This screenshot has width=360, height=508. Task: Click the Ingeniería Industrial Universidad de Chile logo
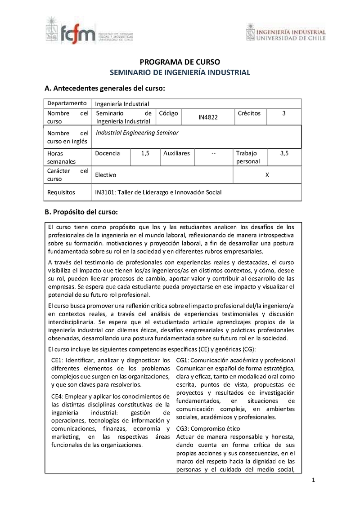(x=286, y=35)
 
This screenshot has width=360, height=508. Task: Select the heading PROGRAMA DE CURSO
(x=180, y=62)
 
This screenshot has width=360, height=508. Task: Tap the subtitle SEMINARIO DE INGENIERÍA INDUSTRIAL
(x=180, y=72)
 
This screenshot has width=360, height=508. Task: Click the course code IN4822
(x=208, y=117)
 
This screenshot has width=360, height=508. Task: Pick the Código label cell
(x=169, y=113)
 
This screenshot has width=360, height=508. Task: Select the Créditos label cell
(x=249, y=113)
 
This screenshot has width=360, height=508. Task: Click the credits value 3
(x=283, y=113)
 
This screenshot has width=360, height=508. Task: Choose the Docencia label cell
(x=108, y=153)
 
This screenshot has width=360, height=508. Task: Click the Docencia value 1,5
(x=145, y=153)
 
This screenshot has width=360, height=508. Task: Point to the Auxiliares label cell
(x=176, y=153)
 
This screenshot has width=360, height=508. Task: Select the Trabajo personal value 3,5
(x=284, y=153)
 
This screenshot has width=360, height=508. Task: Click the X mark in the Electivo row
(x=267, y=175)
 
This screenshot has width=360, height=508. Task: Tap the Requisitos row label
(x=61, y=192)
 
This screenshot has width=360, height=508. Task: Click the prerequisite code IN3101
(x=104, y=192)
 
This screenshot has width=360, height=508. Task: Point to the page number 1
(x=314, y=481)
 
